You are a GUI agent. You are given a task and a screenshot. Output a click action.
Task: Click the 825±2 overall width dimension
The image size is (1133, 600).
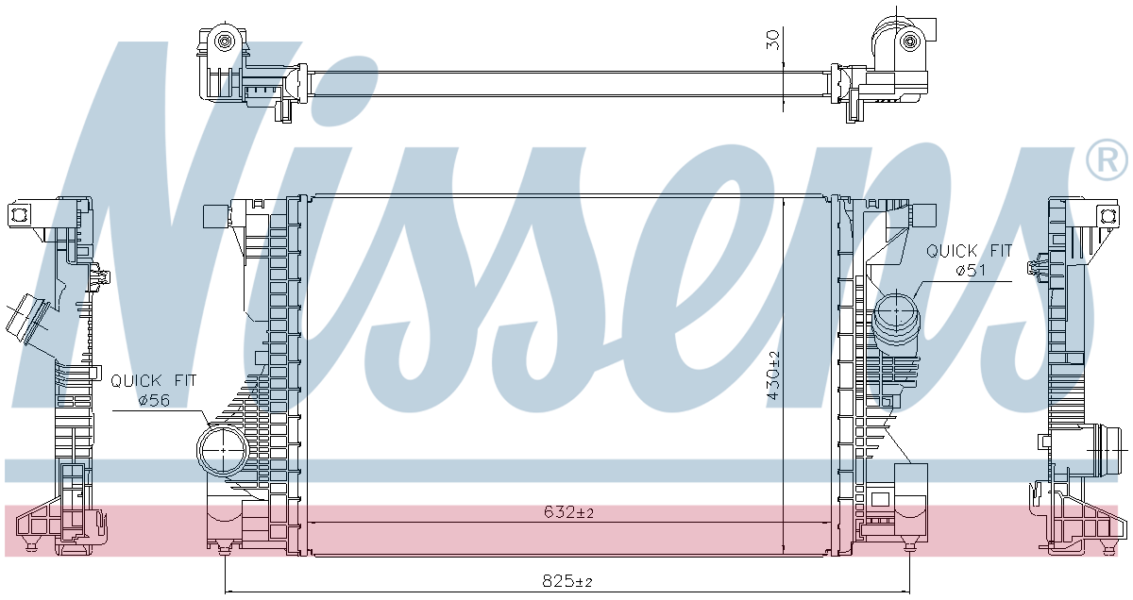point(567,581)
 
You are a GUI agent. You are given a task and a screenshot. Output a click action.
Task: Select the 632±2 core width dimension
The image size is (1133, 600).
point(568,512)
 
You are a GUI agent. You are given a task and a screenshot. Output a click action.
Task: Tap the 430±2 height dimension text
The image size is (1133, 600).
point(773,375)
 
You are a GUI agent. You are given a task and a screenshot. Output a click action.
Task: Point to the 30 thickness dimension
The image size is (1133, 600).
point(772,40)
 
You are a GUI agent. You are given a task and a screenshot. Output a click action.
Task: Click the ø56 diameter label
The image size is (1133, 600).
point(154,401)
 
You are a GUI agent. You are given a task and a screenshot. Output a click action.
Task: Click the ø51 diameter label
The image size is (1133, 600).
point(972,271)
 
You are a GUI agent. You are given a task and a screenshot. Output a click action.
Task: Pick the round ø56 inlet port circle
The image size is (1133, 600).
point(223,449)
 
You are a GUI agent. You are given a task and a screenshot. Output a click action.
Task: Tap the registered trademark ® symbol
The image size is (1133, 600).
point(1107,159)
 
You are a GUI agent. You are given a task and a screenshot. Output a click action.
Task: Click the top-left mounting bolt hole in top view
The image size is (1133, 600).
point(223,40)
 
